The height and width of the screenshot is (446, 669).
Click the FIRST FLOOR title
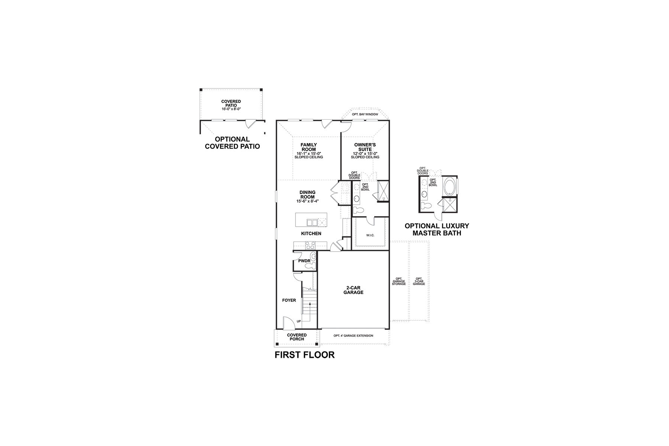(304, 355)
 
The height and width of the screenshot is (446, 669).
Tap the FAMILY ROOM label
(309, 147)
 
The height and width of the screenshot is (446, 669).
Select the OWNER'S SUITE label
(365, 147)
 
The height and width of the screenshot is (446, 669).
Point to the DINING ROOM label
(307, 195)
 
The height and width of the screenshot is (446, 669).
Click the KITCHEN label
(311, 233)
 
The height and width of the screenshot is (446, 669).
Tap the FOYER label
(289, 300)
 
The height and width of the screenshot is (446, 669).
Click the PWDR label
(304, 261)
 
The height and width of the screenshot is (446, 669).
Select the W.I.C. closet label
(370, 235)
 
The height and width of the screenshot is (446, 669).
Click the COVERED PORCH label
(297, 337)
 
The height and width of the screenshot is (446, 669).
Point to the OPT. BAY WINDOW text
(365, 114)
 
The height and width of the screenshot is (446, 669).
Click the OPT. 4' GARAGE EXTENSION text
(353, 336)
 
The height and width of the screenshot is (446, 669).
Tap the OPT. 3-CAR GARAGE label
(419, 281)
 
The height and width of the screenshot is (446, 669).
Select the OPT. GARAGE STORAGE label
(399, 281)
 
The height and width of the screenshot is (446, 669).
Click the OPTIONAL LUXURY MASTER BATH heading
(437, 230)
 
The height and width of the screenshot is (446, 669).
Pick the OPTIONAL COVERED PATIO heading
(232, 143)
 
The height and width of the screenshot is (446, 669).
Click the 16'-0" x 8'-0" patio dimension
(231, 109)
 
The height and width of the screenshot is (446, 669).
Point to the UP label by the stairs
(299, 321)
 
